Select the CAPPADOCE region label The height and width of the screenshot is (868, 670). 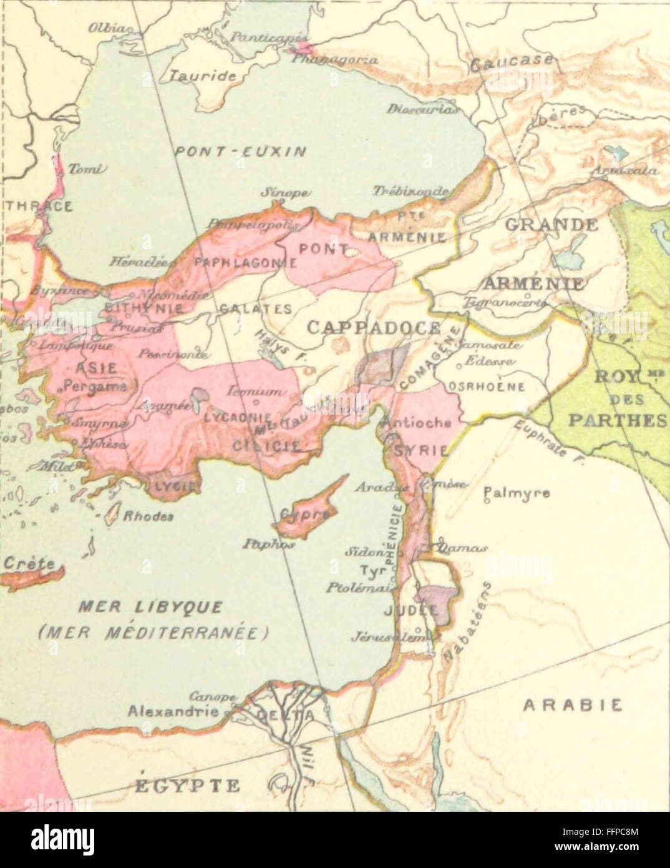pyautogui.click(x=374, y=327)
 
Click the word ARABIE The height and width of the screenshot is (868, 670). pyautogui.click(x=572, y=705)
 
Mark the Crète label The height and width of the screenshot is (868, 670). pyautogui.click(x=29, y=563)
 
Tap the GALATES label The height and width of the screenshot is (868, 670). pyautogui.click(x=255, y=309)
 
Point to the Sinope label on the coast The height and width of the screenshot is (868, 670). pyautogui.click(x=279, y=194)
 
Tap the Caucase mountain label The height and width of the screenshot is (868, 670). pyautogui.click(x=512, y=62)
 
